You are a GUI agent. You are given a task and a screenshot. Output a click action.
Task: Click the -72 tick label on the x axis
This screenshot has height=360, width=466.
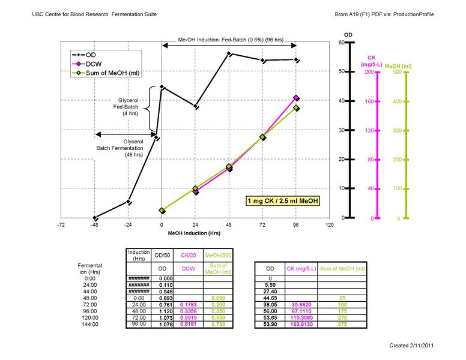pyautogui.click(x=61, y=225)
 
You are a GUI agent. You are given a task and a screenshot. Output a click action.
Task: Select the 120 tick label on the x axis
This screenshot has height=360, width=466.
pyautogui.click(x=329, y=225)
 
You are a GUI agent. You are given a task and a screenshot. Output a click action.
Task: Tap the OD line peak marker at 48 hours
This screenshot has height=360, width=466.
pyautogui.click(x=229, y=54)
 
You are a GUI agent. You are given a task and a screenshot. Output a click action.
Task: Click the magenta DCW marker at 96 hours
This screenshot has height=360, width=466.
pyautogui.click(x=296, y=98)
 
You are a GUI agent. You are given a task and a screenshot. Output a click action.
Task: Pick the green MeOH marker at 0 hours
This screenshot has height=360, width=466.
pyautogui.click(x=162, y=211)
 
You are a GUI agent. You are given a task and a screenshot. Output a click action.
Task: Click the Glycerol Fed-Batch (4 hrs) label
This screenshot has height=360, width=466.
pyautogui.click(x=131, y=107)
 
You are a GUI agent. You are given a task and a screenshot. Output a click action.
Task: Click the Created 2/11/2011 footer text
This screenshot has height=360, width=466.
pyautogui.click(x=411, y=346)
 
